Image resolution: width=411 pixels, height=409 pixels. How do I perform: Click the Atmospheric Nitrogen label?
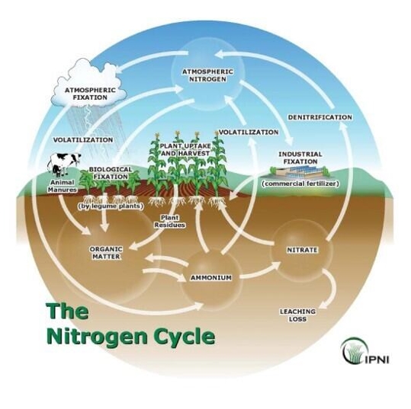pyautogui.click(x=207, y=75)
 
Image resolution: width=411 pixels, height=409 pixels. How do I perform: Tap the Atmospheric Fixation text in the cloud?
pyautogui.click(x=90, y=94)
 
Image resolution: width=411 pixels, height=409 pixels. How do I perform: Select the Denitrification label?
pyautogui.click(x=319, y=117)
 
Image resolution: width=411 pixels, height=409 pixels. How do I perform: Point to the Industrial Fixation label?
pyautogui.click(x=300, y=158)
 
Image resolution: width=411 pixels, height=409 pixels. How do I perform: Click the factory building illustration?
pyautogui.click(x=300, y=172)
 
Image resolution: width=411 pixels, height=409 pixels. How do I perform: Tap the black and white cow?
pyautogui.click(x=64, y=165)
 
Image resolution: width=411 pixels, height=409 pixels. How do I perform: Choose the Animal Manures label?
pyautogui.click(x=63, y=186)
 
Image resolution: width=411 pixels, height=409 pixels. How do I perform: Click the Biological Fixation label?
pyautogui.click(x=111, y=173)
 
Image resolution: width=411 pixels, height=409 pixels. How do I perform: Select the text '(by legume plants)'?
pyautogui.click(x=111, y=206)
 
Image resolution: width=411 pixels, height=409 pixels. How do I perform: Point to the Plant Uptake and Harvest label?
pyautogui.click(x=185, y=149)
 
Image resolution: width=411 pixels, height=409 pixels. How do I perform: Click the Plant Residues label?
pyautogui.click(x=170, y=222)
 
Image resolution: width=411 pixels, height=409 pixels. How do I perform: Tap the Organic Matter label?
pyautogui.click(x=106, y=253)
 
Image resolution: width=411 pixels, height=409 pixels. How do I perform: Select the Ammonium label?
pyautogui.click(x=211, y=277)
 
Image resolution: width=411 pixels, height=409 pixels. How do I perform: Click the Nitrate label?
pyautogui.click(x=302, y=250)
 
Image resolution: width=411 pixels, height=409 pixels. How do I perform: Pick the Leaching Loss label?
pyautogui.click(x=297, y=315)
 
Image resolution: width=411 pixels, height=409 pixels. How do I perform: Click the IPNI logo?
pyautogui.click(x=364, y=351)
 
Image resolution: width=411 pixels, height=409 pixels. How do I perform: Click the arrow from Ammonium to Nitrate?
pyautogui.click(x=259, y=270)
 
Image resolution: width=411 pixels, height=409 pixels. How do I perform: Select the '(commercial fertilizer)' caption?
pyautogui.click(x=300, y=184)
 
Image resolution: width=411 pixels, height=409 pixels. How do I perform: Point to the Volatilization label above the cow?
pyautogui.click(x=83, y=140)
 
